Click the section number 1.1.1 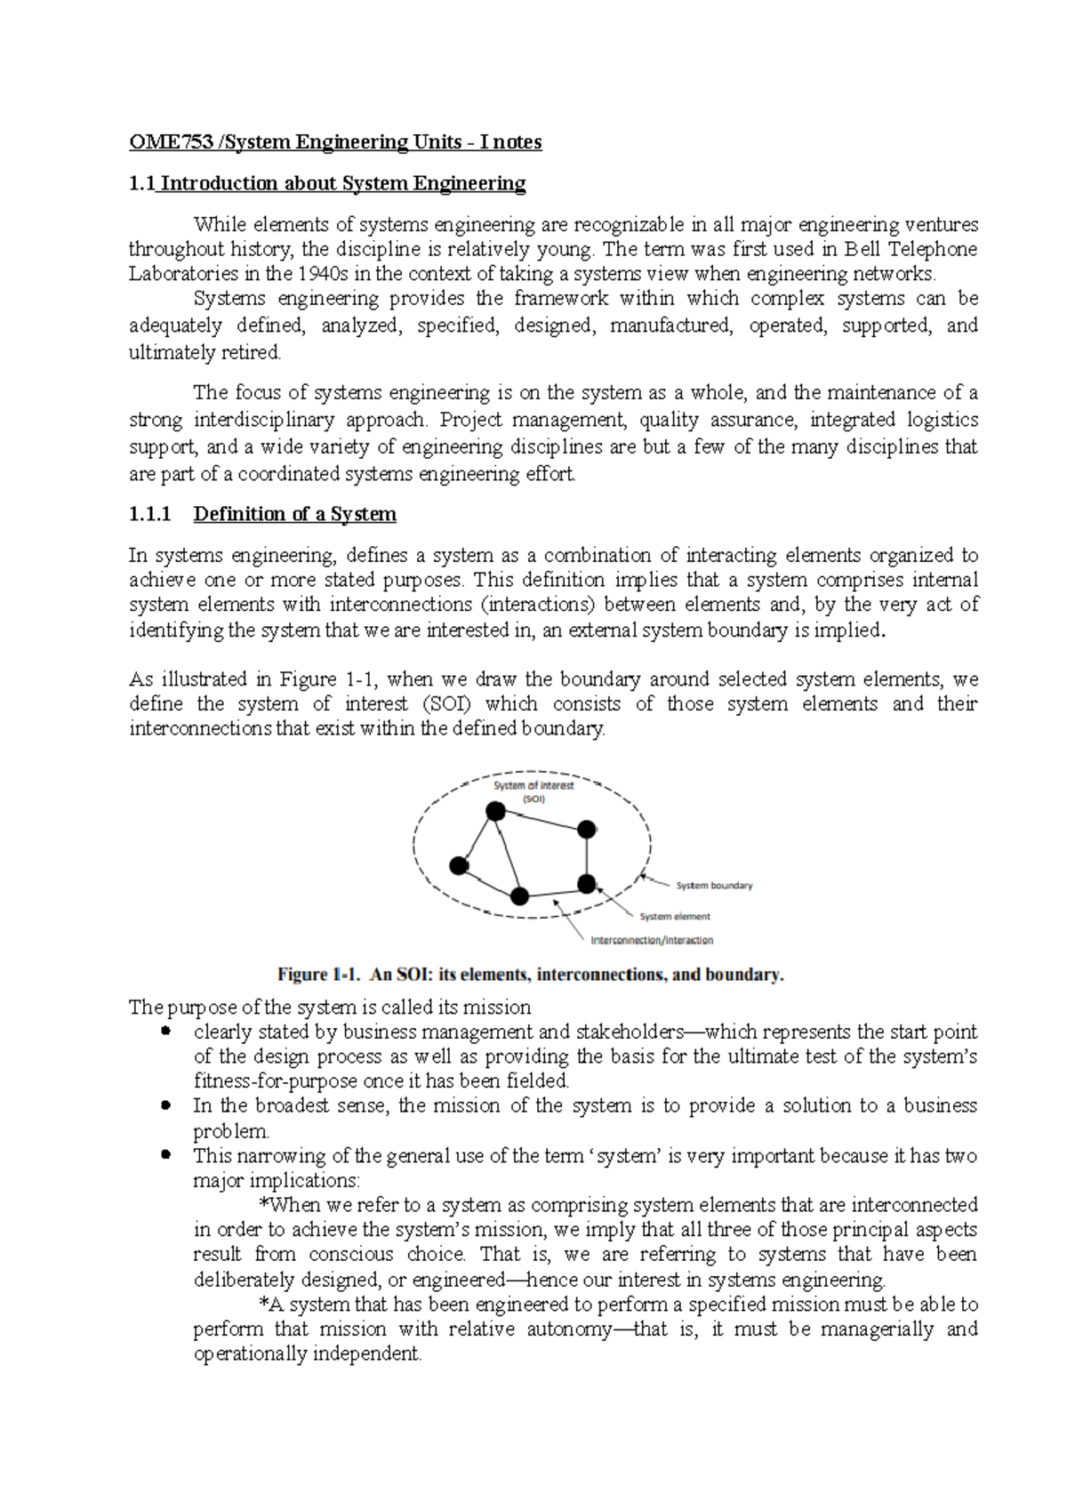(149, 514)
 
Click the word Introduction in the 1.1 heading (219, 183)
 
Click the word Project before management (471, 420)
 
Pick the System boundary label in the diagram (714, 886)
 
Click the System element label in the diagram (675, 916)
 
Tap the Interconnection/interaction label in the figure (652, 940)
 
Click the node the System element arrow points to (587, 884)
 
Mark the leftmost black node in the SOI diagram (459, 865)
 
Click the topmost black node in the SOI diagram (495, 811)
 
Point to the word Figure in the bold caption (302, 975)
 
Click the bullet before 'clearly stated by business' (165, 1032)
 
